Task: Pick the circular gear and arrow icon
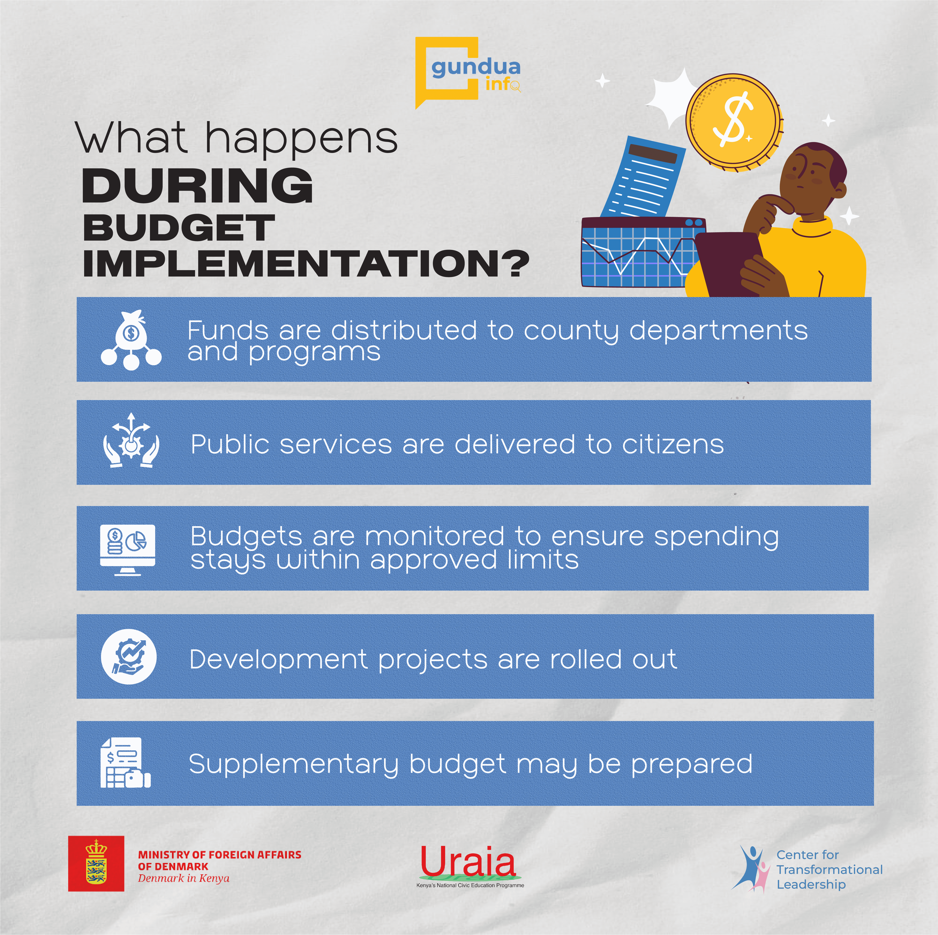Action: pos(129,657)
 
